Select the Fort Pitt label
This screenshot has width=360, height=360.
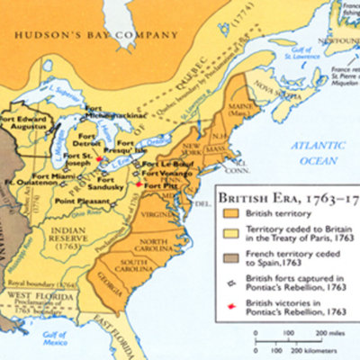click(162, 184)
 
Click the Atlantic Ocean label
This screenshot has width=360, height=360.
click(311, 154)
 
